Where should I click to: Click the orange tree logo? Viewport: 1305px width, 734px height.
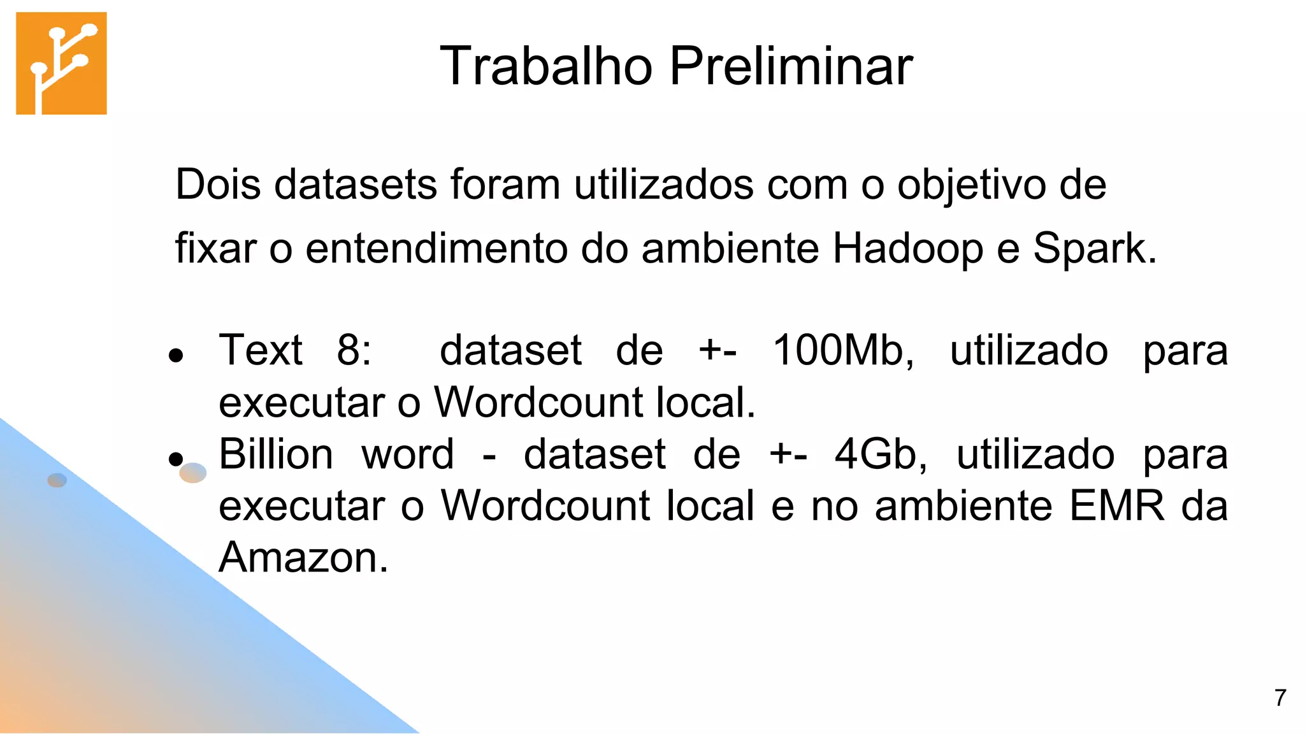tap(61, 63)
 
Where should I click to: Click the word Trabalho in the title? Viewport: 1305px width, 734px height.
tap(546, 66)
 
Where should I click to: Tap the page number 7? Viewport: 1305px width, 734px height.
tap(1280, 698)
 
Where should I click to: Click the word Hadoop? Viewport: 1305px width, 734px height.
tap(907, 248)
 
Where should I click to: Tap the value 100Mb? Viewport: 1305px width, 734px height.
tap(842, 350)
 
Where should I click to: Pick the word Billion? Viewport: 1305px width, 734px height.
tap(276, 454)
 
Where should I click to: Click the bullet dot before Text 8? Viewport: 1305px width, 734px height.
tap(177, 355)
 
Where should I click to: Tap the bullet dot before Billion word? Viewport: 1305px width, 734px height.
tap(176, 458)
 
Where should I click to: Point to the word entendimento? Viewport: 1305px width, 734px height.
tap(436, 248)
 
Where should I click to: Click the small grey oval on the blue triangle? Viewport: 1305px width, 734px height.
tap(57, 480)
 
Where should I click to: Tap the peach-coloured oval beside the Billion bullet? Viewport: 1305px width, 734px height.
tap(193, 473)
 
